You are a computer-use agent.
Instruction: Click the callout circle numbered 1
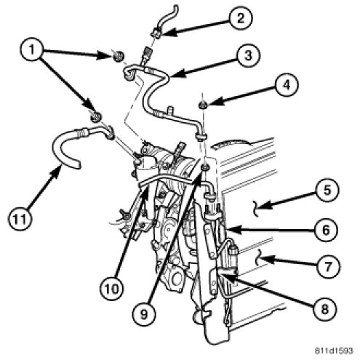click(31, 49)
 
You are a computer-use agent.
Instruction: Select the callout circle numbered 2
click(241, 18)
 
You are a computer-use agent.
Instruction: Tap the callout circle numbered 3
click(248, 55)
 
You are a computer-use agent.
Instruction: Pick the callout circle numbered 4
click(287, 85)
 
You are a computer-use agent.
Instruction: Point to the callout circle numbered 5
click(327, 190)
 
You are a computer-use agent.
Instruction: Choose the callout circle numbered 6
click(326, 230)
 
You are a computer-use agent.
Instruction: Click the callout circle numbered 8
click(325, 309)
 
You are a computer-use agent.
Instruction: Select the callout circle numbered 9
click(144, 314)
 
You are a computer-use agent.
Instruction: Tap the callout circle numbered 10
click(112, 289)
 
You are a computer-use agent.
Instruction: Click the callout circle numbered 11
click(20, 219)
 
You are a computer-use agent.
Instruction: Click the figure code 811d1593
click(334, 351)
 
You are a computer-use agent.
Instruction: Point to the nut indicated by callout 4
click(202, 105)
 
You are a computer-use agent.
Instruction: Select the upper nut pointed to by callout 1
click(119, 56)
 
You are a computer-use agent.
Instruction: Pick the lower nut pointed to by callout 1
click(96, 117)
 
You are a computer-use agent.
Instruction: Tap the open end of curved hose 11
click(77, 165)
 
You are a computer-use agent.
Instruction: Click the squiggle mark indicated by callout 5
click(256, 208)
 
